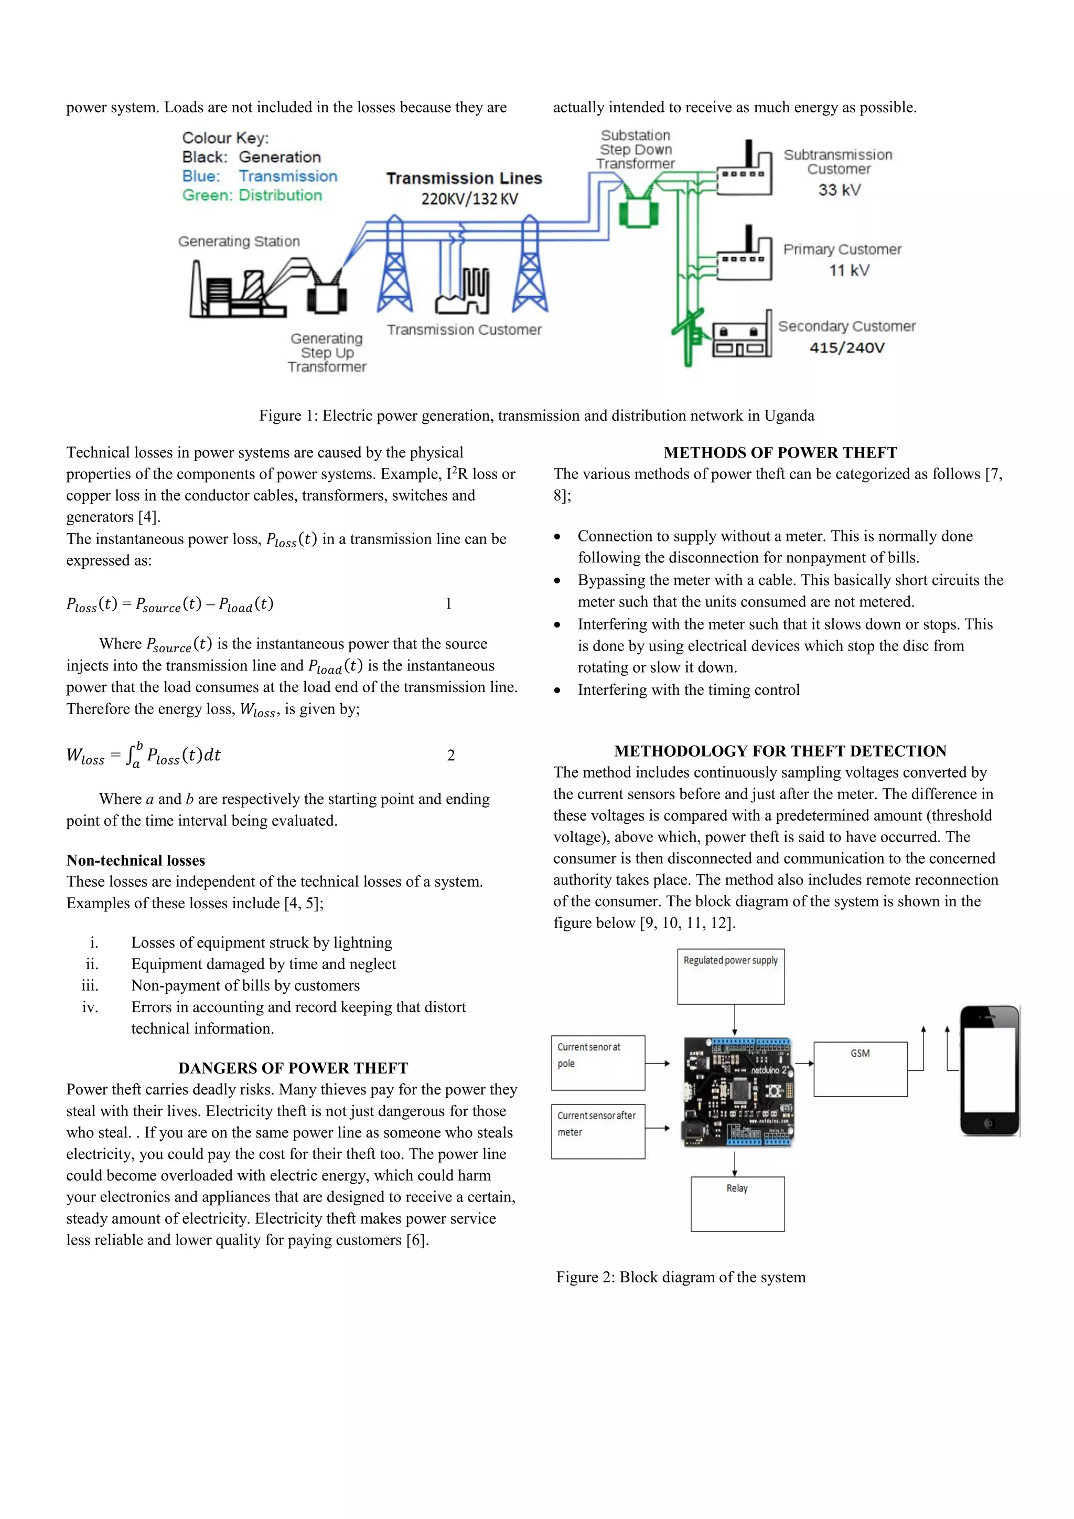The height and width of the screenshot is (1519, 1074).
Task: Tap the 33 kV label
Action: (x=839, y=190)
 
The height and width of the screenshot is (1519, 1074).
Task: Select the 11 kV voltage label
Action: (x=849, y=271)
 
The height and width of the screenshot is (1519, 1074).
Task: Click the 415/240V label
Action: (x=846, y=348)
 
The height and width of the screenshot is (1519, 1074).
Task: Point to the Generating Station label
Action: (x=239, y=241)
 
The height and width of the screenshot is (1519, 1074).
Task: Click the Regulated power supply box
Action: (x=730, y=976)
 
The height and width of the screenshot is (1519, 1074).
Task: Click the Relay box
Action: (x=737, y=1204)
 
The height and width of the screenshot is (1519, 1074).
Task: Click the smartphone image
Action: (x=990, y=1070)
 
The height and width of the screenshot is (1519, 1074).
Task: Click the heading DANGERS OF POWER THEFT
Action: (x=293, y=1068)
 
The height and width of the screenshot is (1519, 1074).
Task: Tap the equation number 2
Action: (x=451, y=755)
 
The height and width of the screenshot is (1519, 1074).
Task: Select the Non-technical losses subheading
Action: (x=136, y=860)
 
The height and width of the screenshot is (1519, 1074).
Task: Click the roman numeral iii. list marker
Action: (x=90, y=986)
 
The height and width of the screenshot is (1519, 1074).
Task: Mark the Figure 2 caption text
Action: (x=681, y=1277)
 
